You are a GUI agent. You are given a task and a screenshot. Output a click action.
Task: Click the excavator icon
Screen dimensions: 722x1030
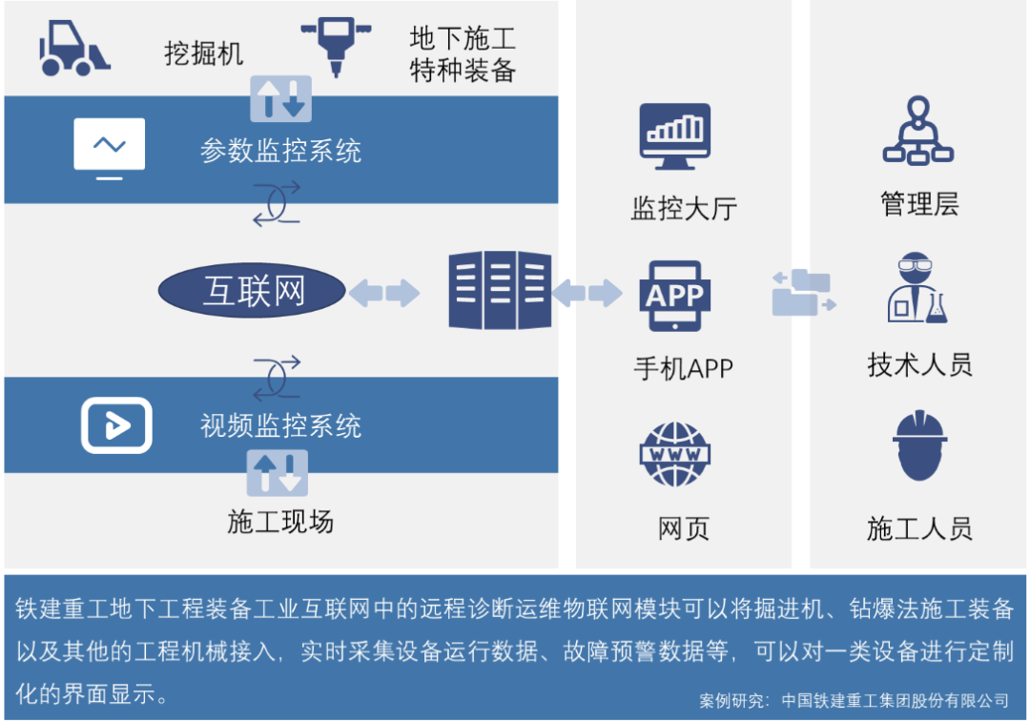73,49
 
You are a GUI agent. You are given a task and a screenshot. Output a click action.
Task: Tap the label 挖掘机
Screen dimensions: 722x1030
204,53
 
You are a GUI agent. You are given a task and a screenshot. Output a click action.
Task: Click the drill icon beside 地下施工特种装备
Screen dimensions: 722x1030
336,46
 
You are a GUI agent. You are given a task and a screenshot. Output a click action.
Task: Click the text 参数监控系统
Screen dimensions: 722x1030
280,151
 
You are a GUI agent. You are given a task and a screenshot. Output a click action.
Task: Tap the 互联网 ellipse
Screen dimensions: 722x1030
252,291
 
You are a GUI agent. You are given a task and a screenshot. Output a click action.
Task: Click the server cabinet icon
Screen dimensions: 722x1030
500,290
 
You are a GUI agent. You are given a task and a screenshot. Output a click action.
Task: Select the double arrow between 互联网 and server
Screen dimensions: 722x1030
383,292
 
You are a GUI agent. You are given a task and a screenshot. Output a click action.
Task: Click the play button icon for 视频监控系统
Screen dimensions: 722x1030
116,424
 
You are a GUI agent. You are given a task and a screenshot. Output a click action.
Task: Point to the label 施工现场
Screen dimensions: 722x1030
280,522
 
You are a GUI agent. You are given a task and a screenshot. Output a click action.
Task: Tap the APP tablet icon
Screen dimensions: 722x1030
675,295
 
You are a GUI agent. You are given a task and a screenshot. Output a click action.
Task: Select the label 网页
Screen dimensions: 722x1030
684,527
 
